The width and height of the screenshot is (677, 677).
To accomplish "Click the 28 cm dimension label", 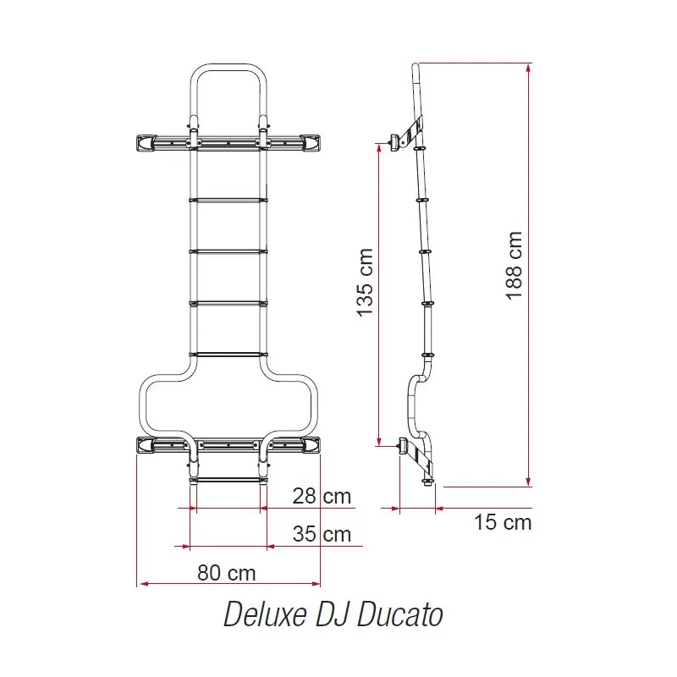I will [321, 497].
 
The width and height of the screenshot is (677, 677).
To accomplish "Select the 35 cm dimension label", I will [321, 534].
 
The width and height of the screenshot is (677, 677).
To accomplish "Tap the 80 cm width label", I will [226, 572].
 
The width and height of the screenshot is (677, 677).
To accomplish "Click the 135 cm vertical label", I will [365, 283].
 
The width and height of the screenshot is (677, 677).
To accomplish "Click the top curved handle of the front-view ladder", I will [227, 67].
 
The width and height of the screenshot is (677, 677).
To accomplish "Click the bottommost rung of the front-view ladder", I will [228, 480].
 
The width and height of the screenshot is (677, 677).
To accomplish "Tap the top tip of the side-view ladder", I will [416, 67].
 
